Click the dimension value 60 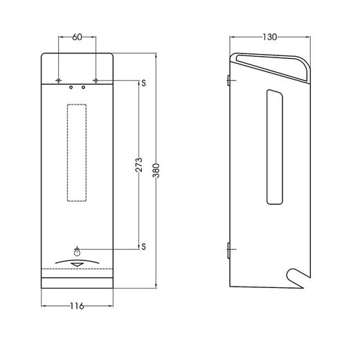coord(77,37)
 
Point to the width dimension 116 coord(76,307)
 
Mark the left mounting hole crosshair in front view coord(59,82)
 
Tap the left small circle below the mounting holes coord(71,88)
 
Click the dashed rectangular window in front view coord(77,152)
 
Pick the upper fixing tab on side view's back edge coord(230,81)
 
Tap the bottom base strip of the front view coord(77,282)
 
